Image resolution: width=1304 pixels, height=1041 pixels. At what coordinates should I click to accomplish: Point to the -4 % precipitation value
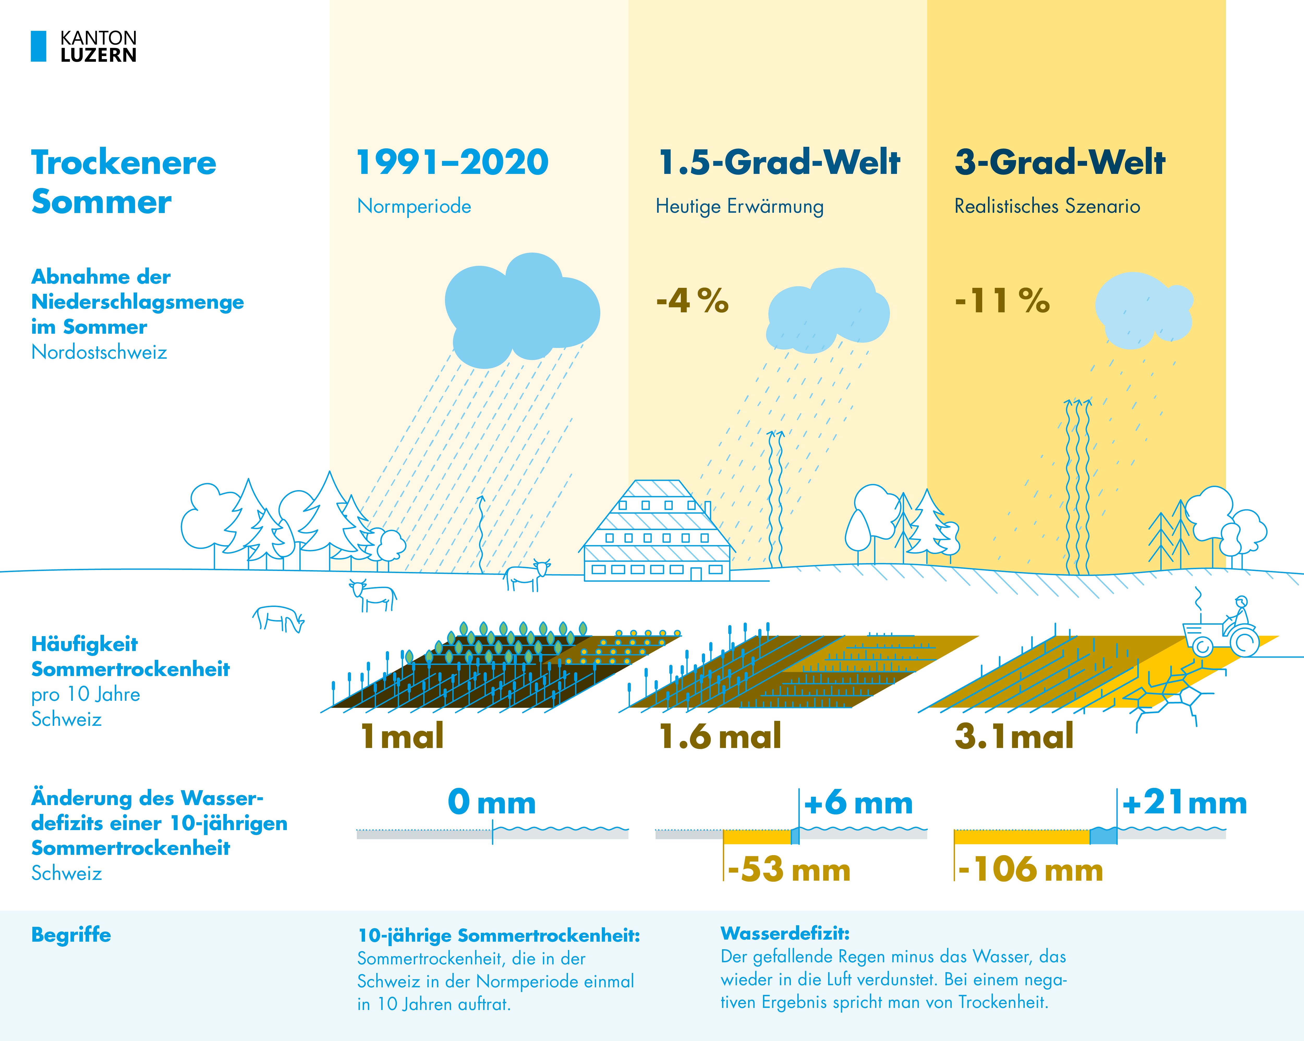click(x=693, y=301)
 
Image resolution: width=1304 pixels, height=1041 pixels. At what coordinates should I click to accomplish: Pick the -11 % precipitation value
click(x=1002, y=301)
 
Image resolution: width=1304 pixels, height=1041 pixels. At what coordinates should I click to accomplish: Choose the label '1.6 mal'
click(x=720, y=736)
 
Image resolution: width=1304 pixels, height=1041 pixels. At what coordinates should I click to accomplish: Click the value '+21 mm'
click(x=1184, y=803)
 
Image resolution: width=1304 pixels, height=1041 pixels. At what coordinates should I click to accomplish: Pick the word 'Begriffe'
click(x=71, y=935)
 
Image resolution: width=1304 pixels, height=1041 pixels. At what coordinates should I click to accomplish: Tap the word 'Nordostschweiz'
click(x=99, y=352)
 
